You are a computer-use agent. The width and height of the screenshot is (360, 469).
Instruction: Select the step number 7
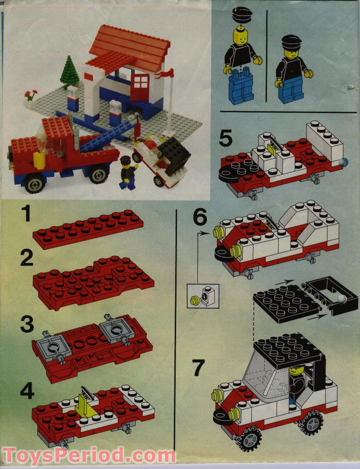click(199, 368)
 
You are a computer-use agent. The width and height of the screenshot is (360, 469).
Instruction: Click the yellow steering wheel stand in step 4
click(85, 404)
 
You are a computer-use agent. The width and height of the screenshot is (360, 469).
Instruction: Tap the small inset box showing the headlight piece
click(203, 296)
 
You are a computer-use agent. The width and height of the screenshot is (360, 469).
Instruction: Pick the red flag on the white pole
click(167, 73)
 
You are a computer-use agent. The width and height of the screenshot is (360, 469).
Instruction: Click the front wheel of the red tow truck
click(35, 183)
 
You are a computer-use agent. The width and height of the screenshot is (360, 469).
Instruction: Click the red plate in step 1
click(88, 229)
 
